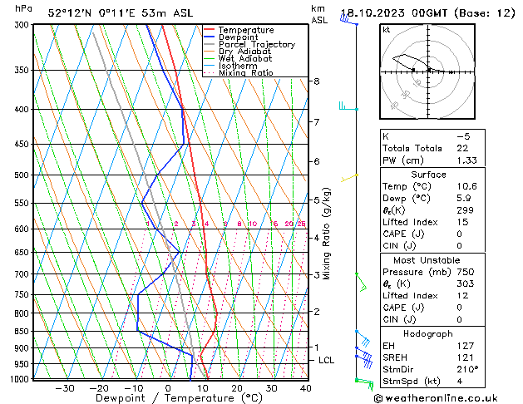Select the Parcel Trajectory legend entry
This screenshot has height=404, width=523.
click(256, 45)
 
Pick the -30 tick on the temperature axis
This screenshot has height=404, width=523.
click(65, 388)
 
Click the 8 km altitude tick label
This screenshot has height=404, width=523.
click(317, 81)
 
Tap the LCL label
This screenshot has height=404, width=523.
click(326, 360)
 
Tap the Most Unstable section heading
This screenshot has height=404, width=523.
click(427, 259)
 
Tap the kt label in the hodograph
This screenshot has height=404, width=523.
click(387, 29)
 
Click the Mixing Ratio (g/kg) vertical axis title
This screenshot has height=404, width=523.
click(328, 234)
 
